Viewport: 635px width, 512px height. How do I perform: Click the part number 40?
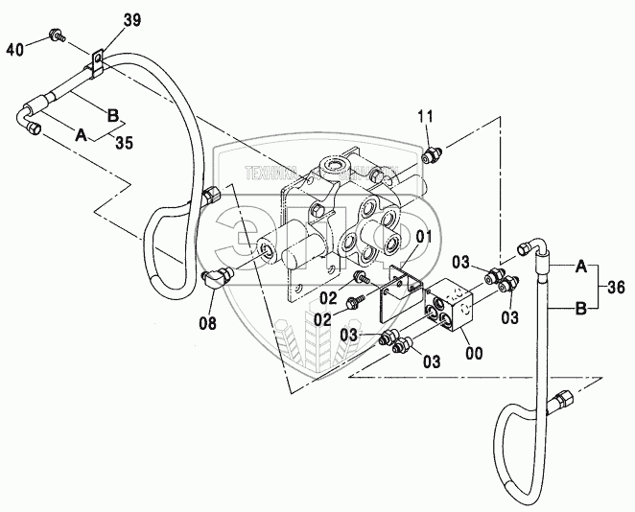[15, 48]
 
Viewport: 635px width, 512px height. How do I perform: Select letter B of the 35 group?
[112, 115]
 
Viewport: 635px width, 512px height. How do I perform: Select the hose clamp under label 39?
[96, 65]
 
